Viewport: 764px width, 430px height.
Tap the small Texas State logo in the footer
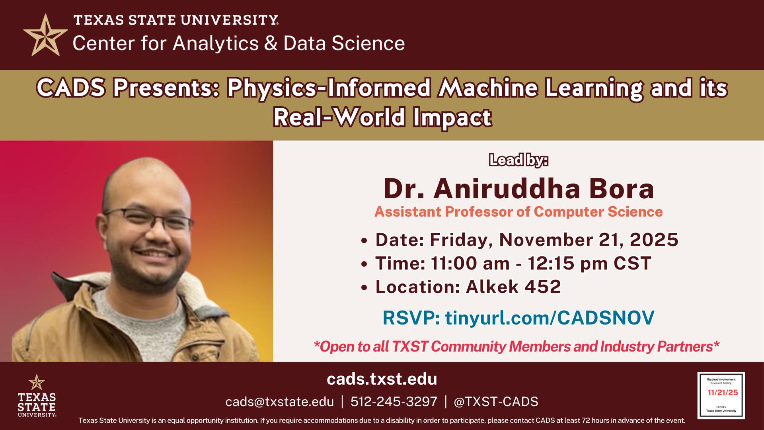(37, 396)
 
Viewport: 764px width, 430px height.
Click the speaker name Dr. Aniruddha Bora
(518, 189)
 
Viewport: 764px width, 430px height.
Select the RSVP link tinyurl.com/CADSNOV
(549, 318)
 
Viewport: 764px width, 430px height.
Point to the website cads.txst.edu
(382, 379)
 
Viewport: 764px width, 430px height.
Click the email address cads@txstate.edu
(279, 402)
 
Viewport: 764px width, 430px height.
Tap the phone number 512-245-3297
(394, 402)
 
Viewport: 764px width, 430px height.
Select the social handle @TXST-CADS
(496, 402)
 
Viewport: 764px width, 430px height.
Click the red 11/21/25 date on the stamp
(723, 393)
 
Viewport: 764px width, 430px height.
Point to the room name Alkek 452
(513, 287)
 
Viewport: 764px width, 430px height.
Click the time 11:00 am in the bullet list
(470, 264)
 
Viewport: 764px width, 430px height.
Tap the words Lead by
(518, 160)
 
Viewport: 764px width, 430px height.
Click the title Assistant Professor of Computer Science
(518, 212)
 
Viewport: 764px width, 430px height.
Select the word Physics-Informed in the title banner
(329, 88)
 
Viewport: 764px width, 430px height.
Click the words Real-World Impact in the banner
(382, 117)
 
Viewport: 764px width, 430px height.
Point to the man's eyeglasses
(149, 218)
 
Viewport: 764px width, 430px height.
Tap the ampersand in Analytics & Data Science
(271, 43)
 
